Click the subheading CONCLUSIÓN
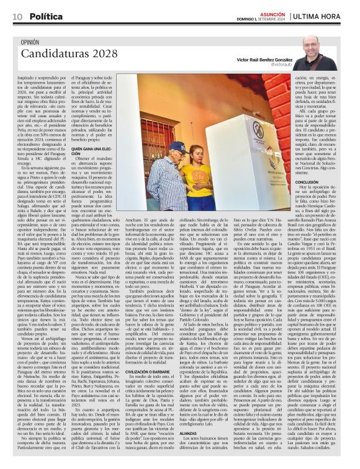click(308, 183)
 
